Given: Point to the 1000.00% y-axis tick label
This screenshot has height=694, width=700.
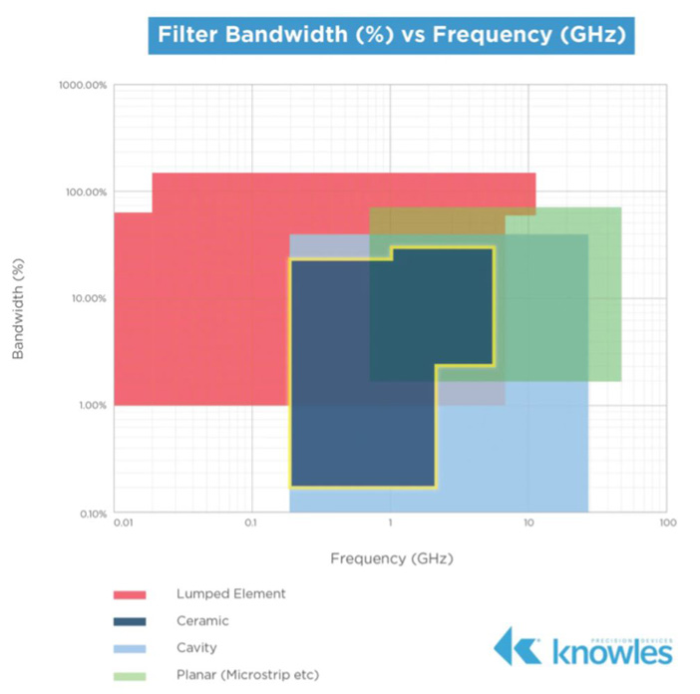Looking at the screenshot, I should point(83,86).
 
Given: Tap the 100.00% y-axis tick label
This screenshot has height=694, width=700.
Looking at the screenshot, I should point(85,191).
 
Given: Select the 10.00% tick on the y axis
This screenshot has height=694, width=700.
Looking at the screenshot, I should point(88,298).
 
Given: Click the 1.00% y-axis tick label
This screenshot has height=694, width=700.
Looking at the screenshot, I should point(90,405).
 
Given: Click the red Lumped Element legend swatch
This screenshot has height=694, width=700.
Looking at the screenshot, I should point(130,594).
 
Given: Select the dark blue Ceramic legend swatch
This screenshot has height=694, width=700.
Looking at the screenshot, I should point(130,621).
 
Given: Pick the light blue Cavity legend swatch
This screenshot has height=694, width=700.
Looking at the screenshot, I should point(130,648).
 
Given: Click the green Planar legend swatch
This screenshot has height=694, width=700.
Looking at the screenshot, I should point(130,675).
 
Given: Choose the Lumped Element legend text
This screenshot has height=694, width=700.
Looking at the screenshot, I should point(229,593).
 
